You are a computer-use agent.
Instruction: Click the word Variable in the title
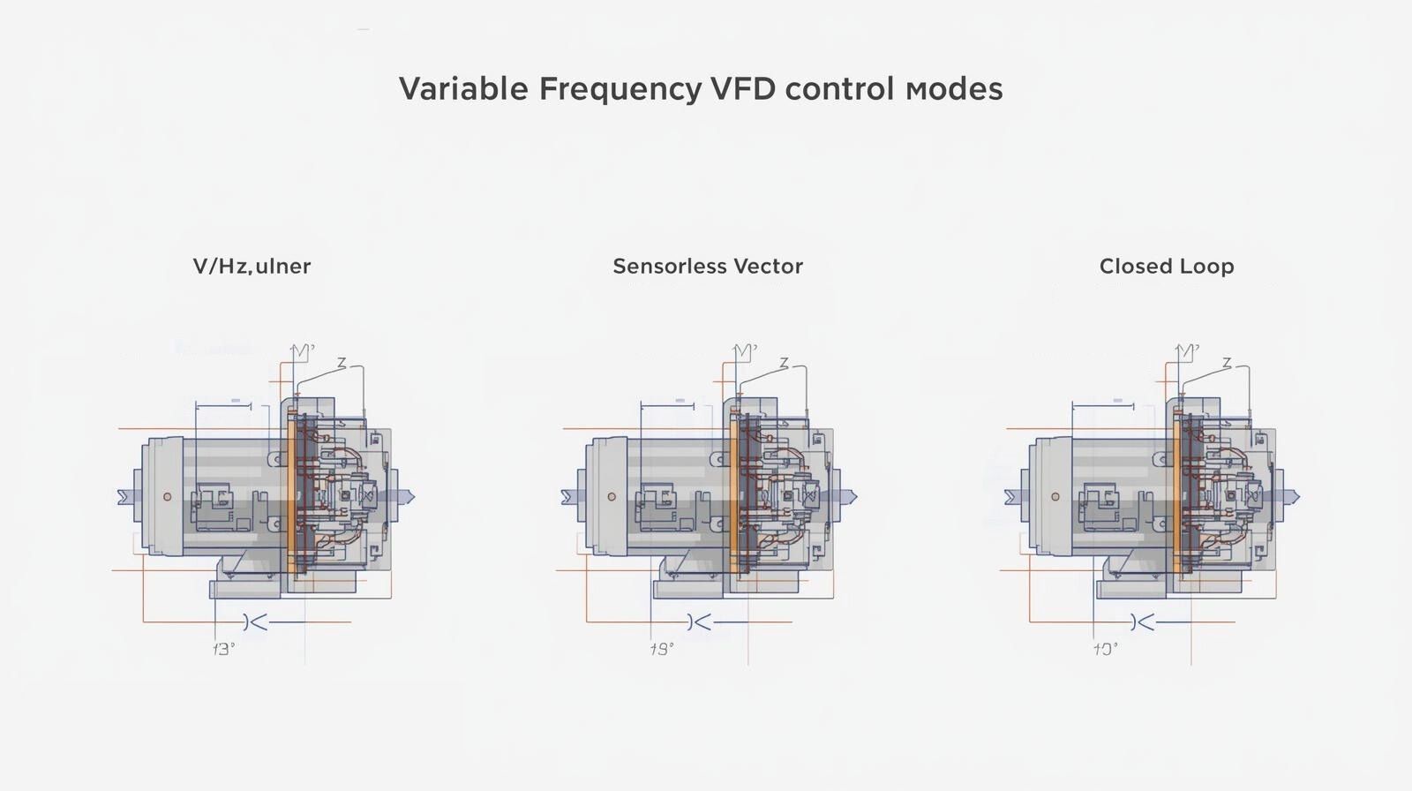pos(463,89)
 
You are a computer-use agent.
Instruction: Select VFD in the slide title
pos(742,89)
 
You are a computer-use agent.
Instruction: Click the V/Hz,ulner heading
pos(252,267)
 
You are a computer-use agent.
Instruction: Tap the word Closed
pos(1132,267)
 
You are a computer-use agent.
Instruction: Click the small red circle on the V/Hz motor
pos(168,497)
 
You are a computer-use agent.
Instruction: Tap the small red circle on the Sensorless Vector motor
pos(612,497)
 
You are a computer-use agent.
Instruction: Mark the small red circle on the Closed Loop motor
pos(1055,497)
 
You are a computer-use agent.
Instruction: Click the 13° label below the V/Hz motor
pos(224,650)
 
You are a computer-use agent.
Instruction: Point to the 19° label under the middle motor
pos(662,650)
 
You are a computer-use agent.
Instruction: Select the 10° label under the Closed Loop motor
pos(1106,650)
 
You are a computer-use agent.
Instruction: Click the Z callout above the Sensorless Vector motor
pos(783,364)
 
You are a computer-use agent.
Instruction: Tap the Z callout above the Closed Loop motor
pos(1227,364)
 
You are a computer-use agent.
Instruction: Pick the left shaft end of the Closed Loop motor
pos(1010,498)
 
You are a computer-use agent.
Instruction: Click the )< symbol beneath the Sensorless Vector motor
pos(699,622)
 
